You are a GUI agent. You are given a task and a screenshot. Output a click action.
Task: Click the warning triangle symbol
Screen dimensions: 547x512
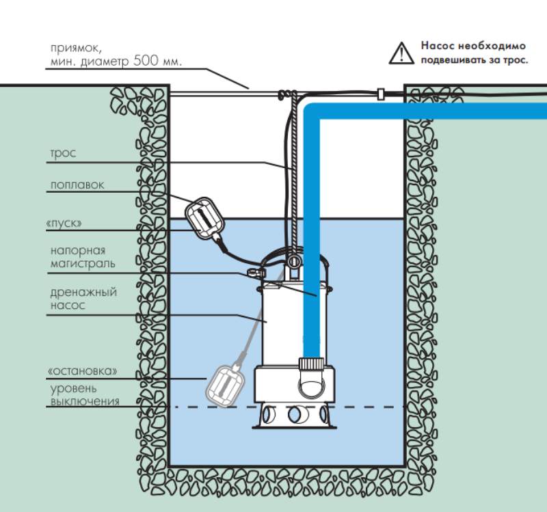tap(401, 53)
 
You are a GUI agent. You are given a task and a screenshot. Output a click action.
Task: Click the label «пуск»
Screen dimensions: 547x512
tap(64, 224)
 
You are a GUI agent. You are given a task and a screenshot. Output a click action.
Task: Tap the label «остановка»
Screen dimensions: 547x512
tap(82, 370)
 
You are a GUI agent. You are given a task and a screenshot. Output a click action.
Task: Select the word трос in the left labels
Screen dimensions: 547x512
tap(63, 153)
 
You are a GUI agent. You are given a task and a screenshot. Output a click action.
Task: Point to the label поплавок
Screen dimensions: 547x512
tap(77, 185)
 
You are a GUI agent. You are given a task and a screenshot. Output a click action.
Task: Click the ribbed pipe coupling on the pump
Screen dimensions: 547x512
tap(311, 364)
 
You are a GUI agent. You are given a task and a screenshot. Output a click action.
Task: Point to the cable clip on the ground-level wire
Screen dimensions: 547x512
tap(381, 94)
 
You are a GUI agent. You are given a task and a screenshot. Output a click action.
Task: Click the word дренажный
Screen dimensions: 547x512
tap(83, 293)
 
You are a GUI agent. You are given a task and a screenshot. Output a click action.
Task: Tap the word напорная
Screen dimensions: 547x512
tap(78, 250)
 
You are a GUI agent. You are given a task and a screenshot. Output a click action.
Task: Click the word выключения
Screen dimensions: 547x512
tap(85, 401)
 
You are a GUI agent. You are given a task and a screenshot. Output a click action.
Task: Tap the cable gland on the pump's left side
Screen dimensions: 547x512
tap(256, 271)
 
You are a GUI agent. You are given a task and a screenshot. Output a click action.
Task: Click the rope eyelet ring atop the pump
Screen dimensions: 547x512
tap(293, 262)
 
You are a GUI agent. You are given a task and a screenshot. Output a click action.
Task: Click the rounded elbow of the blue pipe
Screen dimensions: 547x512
tap(311, 111)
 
